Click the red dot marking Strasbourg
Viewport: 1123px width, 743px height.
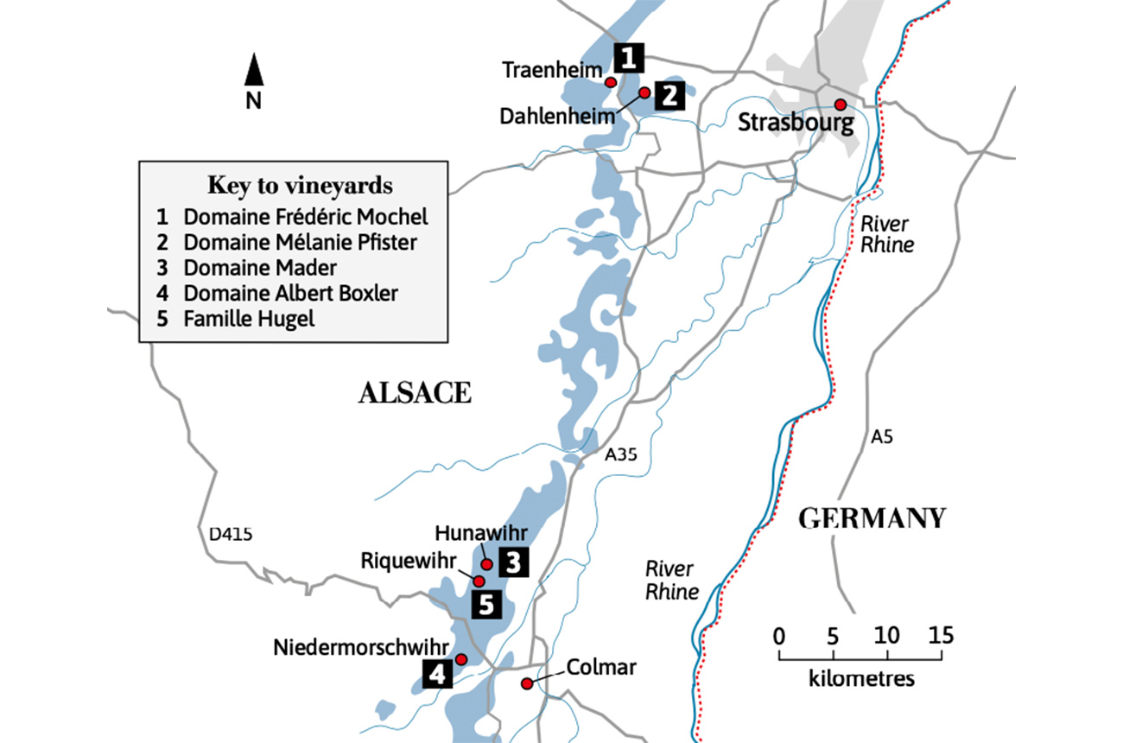pyautogui.click(x=839, y=105)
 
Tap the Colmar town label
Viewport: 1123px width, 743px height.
pyautogui.click(x=601, y=667)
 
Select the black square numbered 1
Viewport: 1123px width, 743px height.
pyautogui.click(x=629, y=58)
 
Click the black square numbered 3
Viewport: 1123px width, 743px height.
pyautogui.click(x=512, y=563)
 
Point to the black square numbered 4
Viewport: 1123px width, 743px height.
pyautogui.click(x=437, y=673)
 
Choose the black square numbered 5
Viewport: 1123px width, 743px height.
pyautogui.click(x=486, y=605)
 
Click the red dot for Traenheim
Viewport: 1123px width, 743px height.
pyautogui.click(x=610, y=82)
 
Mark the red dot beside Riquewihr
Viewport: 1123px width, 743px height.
pyautogui.click(x=479, y=581)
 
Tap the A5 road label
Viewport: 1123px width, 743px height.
pyautogui.click(x=881, y=438)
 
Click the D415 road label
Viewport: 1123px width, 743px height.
pyautogui.click(x=231, y=535)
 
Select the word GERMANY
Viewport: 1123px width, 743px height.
pyautogui.click(x=872, y=518)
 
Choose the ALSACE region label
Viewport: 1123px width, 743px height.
pyautogui.click(x=415, y=394)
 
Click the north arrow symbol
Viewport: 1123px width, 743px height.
pyautogui.click(x=253, y=72)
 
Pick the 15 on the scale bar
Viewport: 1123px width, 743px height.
pyautogui.click(x=942, y=636)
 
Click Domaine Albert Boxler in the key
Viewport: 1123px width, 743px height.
pyautogui.click(x=290, y=293)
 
